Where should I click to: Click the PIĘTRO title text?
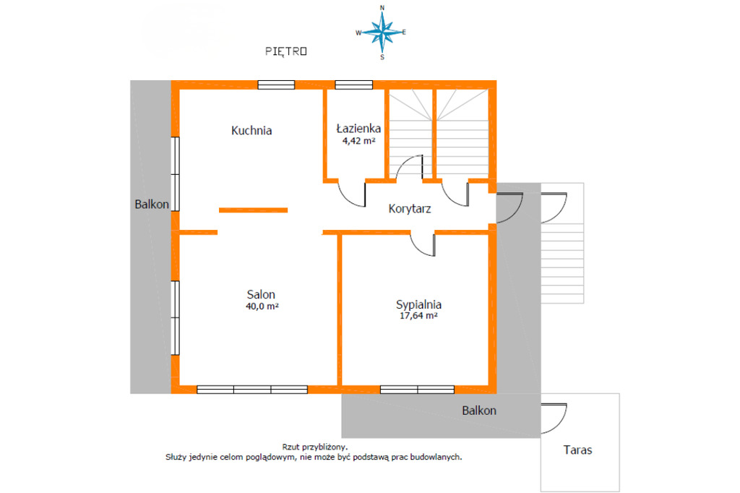[286, 51]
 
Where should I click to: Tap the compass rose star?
[382, 32]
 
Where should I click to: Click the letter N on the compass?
[382, 7]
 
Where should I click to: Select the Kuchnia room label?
[251, 130]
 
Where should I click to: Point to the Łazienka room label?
[358, 128]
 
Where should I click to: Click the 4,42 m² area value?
[358, 141]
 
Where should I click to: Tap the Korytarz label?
[410, 209]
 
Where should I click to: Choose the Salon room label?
[261, 295]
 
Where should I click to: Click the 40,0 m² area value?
[262, 306]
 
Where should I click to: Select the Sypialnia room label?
[418, 304]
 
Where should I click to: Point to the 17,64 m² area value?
[418, 316]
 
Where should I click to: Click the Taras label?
[577, 450]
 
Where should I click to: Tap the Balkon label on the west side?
[152, 205]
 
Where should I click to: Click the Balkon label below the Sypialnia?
[479, 411]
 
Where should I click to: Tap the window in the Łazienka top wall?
[354, 85]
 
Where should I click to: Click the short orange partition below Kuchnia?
[253, 210]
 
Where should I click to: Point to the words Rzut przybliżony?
[315, 447]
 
